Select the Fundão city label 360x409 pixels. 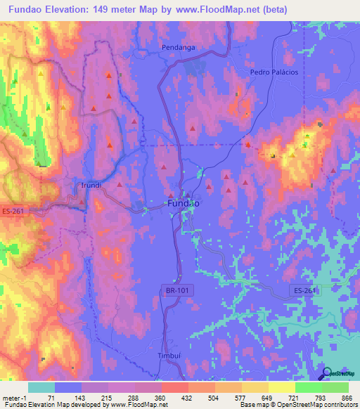184,203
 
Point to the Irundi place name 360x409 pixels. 89,186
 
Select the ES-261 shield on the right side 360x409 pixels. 303,290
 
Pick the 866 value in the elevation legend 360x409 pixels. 345,397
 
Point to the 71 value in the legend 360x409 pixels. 51,397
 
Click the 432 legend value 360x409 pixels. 187,397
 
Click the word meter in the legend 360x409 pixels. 11,397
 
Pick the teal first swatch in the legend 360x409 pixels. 41,387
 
